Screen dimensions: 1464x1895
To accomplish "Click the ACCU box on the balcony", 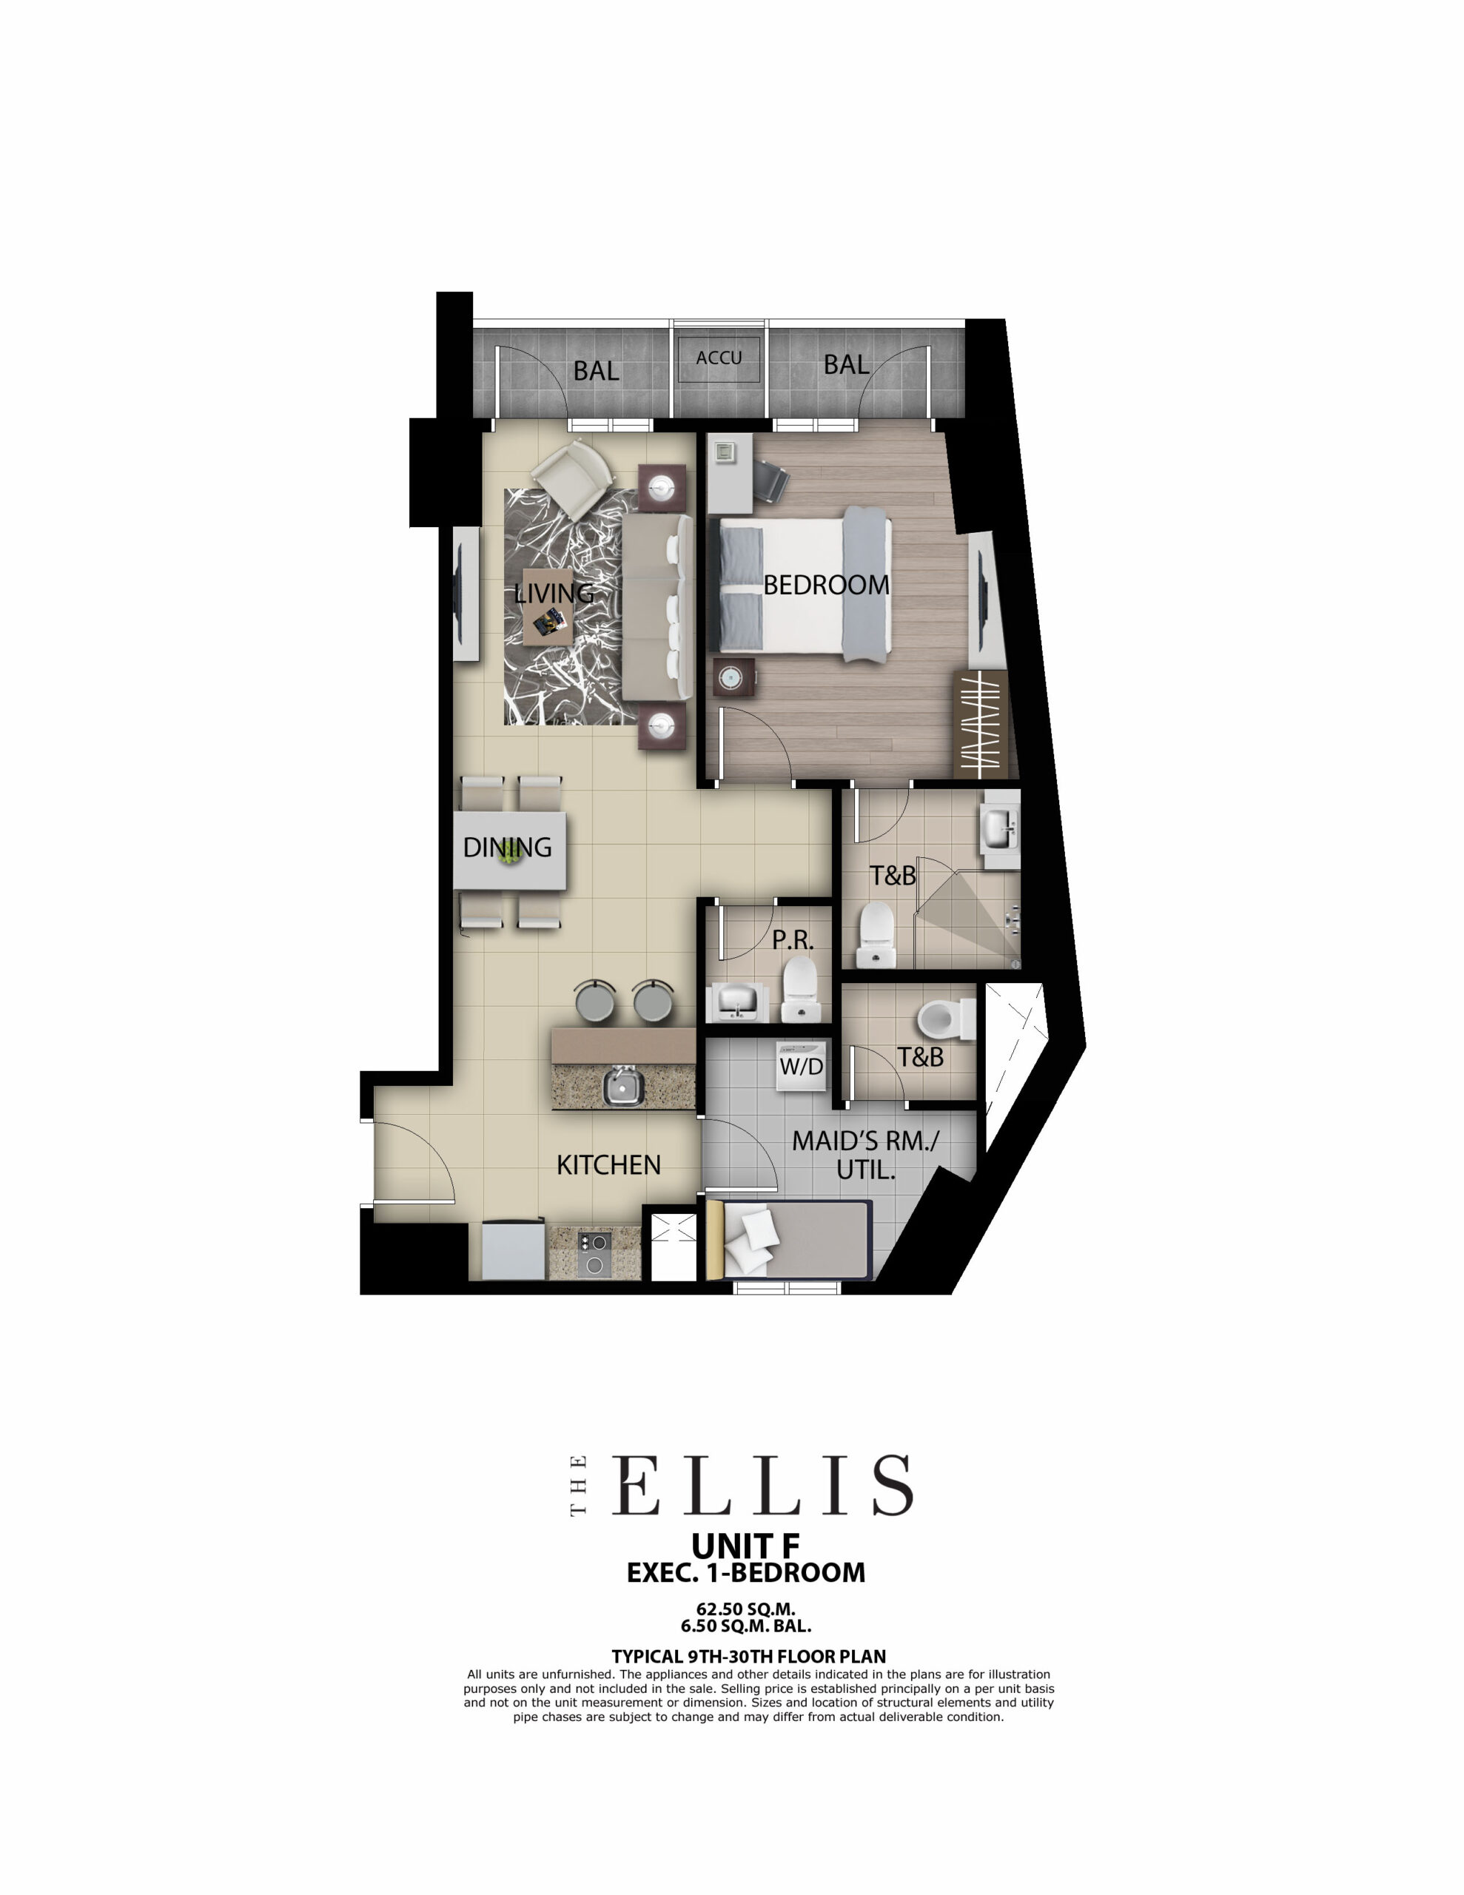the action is pos(719,358).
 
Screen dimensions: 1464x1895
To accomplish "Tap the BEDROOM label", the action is pos(826,585).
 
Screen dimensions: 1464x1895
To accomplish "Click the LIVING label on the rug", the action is pos(554,594).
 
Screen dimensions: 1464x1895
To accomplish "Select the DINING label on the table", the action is pos(508,847).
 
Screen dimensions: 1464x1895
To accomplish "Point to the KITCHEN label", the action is pos(608,1164).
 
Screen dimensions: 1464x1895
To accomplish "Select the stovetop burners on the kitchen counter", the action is pos(594,1255).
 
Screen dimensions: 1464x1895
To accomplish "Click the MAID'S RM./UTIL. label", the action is pos(865,1154).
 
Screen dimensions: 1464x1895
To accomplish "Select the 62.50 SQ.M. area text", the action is pos(745,1609).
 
